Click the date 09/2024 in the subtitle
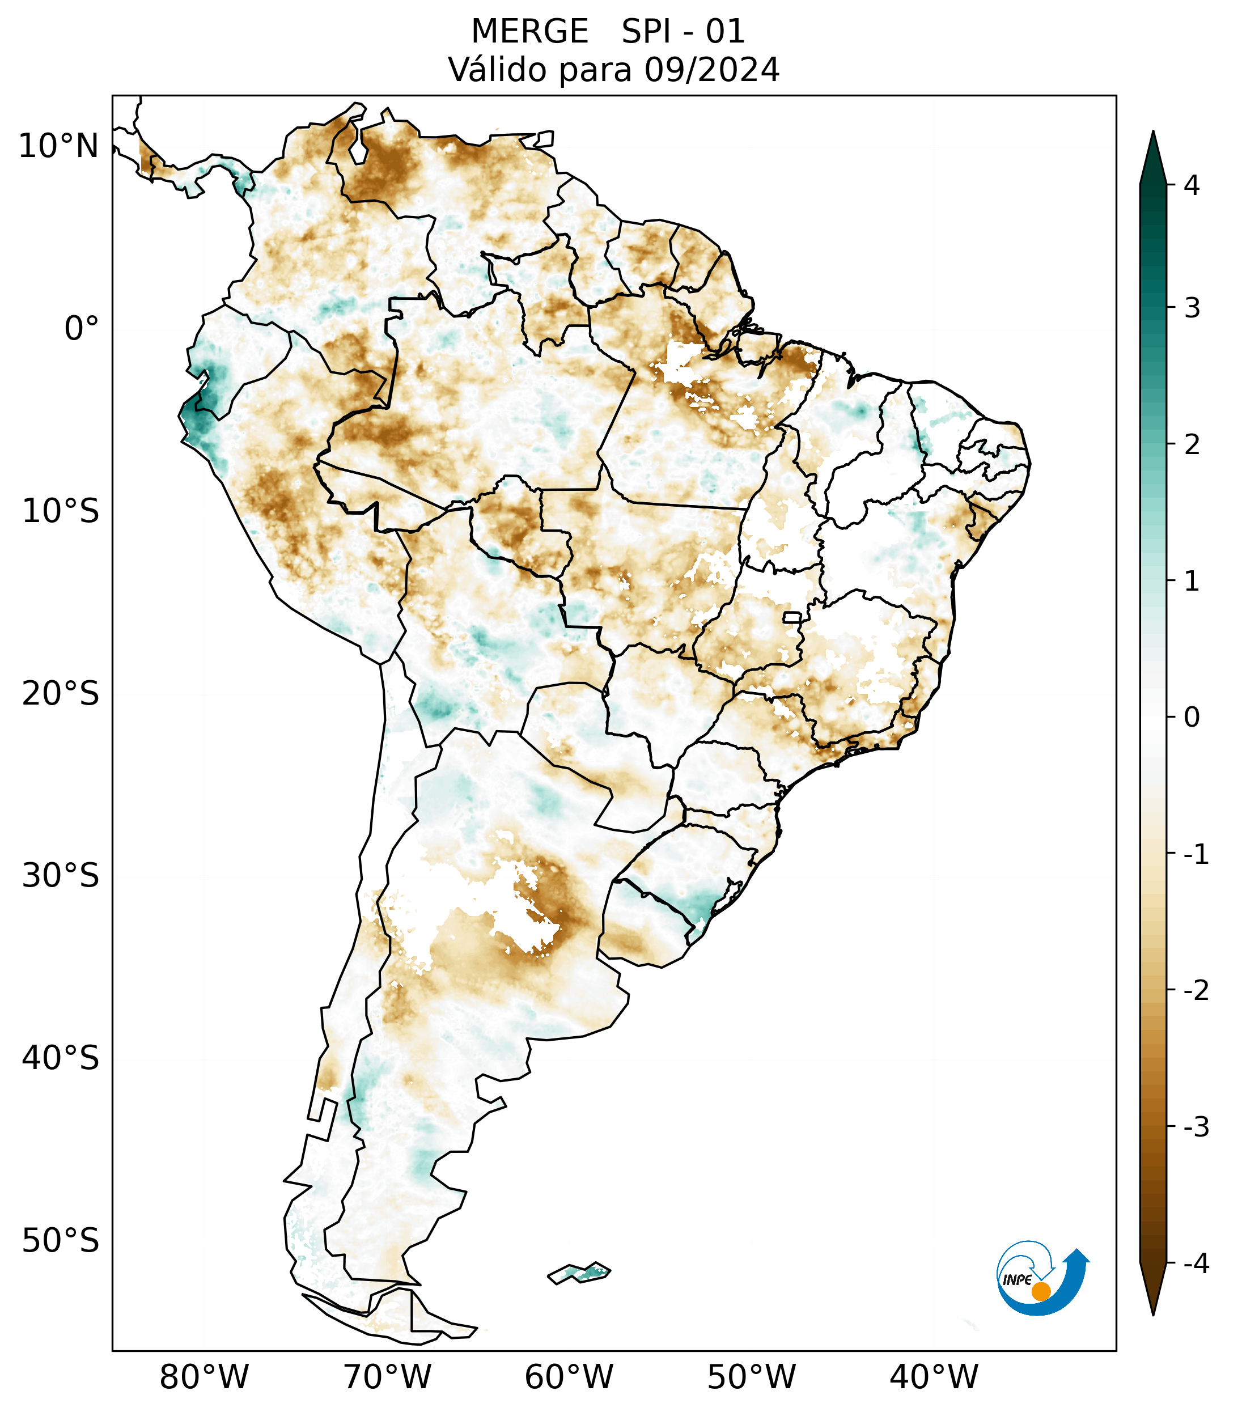click(x=711, y=70)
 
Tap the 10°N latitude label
click(x=58, y=146)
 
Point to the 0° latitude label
click(x=82, y=329)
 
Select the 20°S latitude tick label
click(x=61, y=694)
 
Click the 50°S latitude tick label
click(x=61, y=1241)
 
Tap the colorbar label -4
click(x=1196, y=1263)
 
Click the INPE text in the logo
click(x=1017, y=1279)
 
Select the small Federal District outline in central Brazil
click(x=792, y=617)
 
